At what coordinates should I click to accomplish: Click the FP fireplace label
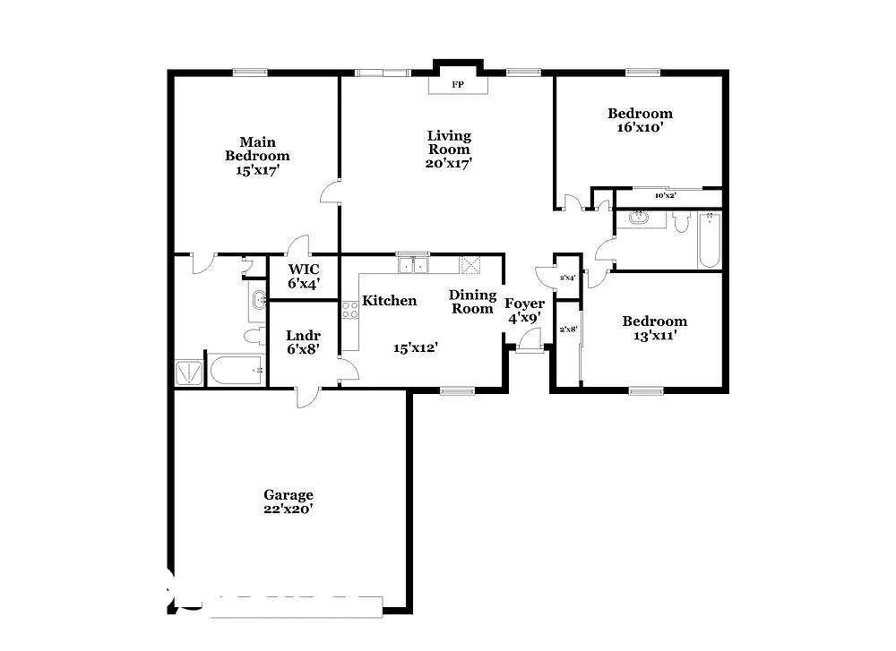click(458, 84)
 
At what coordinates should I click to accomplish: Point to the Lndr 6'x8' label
click(303, 342)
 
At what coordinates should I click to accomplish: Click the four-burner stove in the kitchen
click(349, 311)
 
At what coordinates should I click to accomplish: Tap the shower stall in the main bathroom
click(189, 373)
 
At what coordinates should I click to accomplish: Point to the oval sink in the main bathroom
click(258, 300)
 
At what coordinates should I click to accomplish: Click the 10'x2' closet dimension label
click(664, 194)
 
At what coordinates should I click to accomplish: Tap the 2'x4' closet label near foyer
click(568, 278)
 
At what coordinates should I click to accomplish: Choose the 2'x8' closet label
click(568, 330)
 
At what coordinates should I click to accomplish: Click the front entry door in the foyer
click(530, 341)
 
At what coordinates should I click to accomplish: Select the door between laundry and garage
click(307, 395)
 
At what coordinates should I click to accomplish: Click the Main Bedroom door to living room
click(332, 191)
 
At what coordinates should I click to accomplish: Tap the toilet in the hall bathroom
click(680, 221)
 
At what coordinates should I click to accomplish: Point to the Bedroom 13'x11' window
click(645, 390)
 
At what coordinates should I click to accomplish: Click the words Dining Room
click(471, 302)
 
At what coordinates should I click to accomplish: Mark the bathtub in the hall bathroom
click(709, 240)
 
